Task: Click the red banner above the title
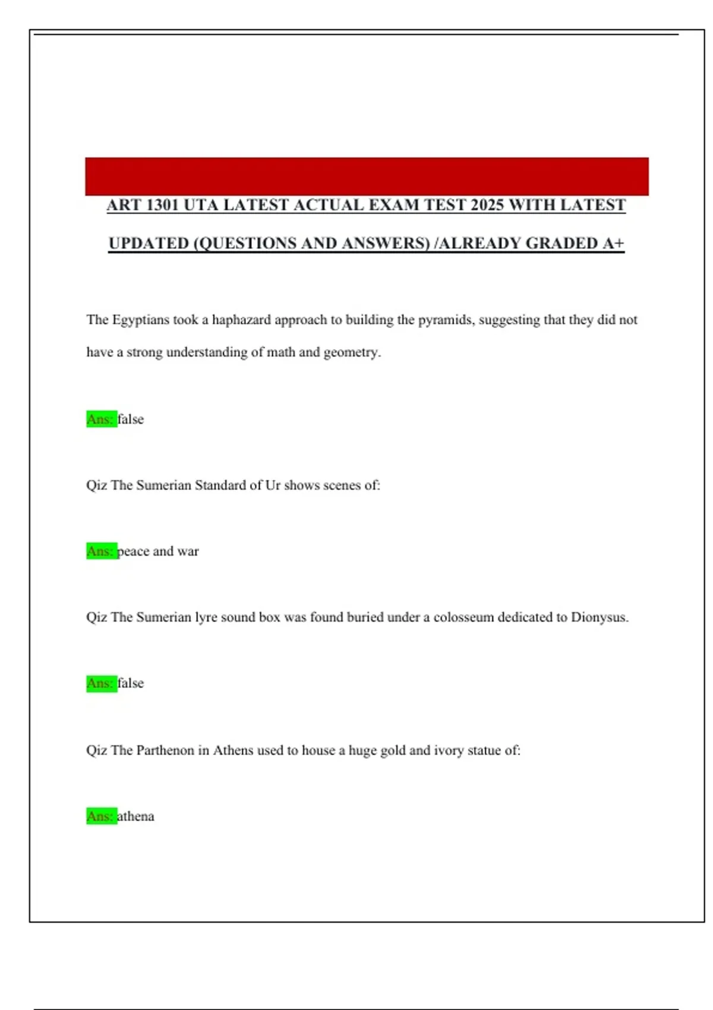coord(367,176)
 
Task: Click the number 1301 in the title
coord(162,205)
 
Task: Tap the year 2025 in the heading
coord(487,205)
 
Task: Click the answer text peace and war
coord(158,551)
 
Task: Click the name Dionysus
coord(599,617)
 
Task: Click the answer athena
coord(136,816)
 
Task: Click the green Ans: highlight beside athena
coord(101,816)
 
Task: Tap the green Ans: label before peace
coord(101,551)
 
